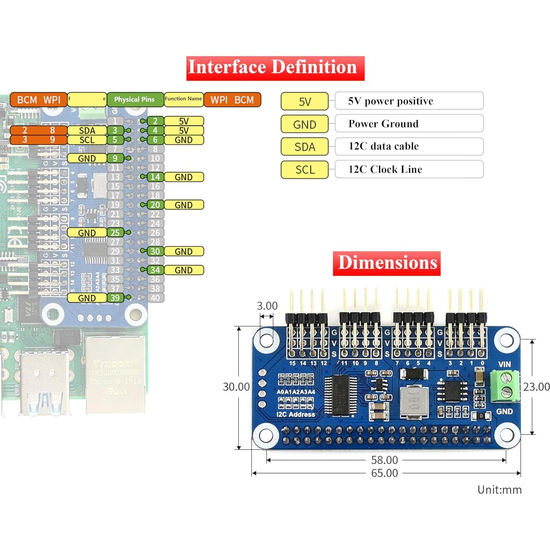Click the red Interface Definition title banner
(275, 68)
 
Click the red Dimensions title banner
(387, 263)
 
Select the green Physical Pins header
(135, 99)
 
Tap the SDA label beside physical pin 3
(87, 131)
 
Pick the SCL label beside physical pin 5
(87, 140)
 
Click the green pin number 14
(155, 177)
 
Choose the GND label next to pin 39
(87, 298)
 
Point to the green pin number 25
(115, 233)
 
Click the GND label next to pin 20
(184, 205)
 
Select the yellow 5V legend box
(304, 102)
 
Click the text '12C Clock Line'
(385, 170)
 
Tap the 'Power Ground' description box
(409, 124)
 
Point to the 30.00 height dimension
(236, 387)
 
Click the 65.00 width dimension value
(384, 473)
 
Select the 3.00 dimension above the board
(267, 306)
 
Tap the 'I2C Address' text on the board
(296, 415)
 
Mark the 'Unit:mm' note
(499, 490)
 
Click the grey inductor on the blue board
(413, 402)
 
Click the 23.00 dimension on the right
(536, 387)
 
